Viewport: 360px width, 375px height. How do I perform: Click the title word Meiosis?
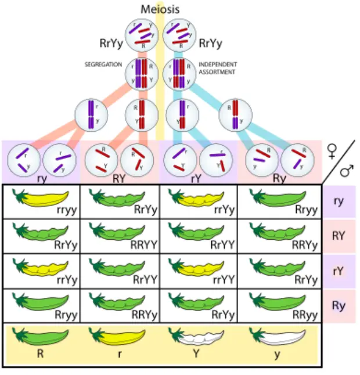click(160, 9)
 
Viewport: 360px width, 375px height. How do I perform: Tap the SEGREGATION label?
click(103, 64)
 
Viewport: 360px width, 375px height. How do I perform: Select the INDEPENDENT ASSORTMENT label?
click(218, 68)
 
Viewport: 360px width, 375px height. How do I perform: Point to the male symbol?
click(347, 170)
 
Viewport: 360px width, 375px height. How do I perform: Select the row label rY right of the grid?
click(339, 271)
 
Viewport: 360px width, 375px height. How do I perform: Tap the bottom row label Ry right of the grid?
click(339, 305)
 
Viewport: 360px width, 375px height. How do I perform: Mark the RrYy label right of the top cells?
click(211, 43)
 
